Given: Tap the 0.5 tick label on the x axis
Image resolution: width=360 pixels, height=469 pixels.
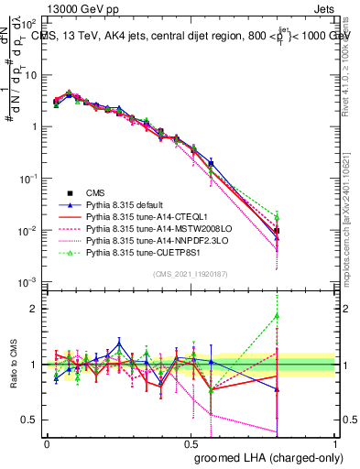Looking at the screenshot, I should pos(191,443).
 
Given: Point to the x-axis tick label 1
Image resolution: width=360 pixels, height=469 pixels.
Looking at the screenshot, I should pos(335,443).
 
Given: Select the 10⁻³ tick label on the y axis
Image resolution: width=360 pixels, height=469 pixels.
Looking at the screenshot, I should pos(28,283).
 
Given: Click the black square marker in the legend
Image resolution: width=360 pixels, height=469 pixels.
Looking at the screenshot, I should pos(68,193).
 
